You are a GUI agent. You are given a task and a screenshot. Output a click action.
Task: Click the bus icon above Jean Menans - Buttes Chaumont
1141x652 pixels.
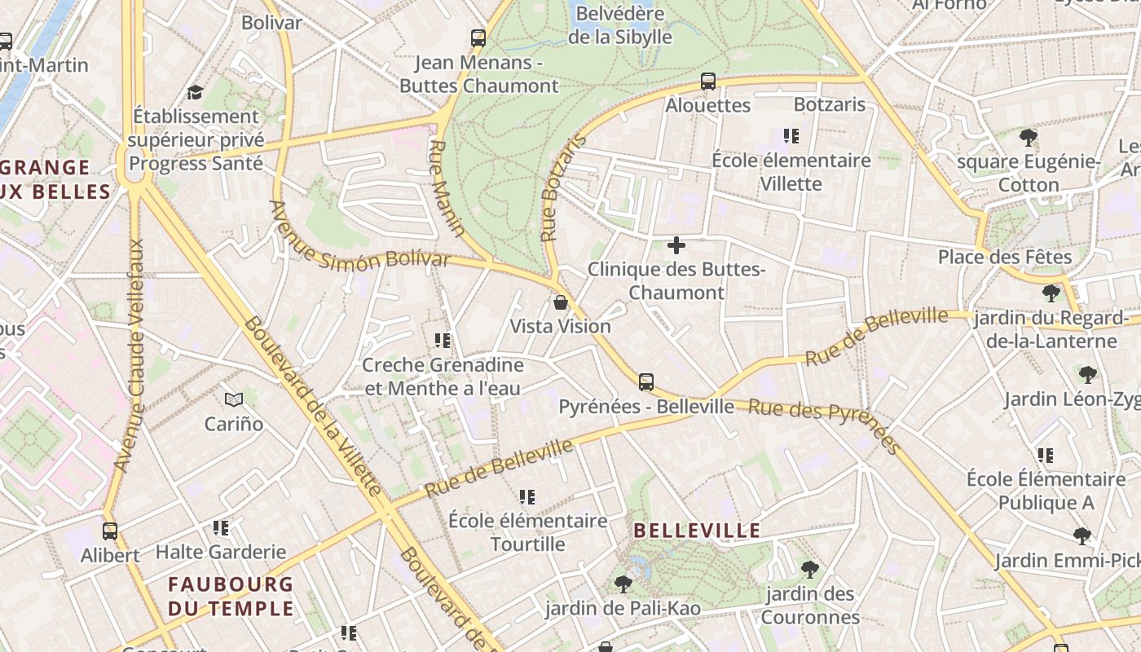[478, 37]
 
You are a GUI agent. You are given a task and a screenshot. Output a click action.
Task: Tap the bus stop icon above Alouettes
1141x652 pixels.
[708, 81]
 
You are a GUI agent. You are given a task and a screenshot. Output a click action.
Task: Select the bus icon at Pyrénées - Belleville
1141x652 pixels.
[646, 381]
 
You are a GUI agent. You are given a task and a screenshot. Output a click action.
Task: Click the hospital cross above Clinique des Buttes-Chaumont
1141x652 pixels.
[676, 244]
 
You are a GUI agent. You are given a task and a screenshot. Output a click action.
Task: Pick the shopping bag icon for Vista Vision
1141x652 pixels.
[561, 302]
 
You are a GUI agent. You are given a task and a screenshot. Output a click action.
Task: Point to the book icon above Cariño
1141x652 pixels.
[234, 399]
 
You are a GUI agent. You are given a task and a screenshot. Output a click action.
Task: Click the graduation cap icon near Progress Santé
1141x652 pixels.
[195, 92]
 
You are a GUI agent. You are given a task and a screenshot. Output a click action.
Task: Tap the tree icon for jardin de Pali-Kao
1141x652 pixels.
[623, 584]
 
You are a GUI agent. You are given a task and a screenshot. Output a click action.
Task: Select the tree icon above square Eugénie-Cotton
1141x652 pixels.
[1029, 137]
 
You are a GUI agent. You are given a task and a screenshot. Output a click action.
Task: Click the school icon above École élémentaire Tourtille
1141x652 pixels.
[527, 496]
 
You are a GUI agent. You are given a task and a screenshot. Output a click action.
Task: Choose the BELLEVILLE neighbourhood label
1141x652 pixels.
[697, 531]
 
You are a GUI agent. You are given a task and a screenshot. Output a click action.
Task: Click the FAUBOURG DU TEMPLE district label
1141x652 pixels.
[231, 596]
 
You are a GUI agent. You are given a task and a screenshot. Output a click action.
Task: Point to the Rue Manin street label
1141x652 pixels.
[447, 188]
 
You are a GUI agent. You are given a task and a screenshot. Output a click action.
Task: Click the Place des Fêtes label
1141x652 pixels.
[1004, 258]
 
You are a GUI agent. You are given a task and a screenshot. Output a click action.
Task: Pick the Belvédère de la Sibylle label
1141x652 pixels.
[620, 24]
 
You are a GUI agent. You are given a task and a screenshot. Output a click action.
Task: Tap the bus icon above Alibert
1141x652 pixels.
[110, 531]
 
